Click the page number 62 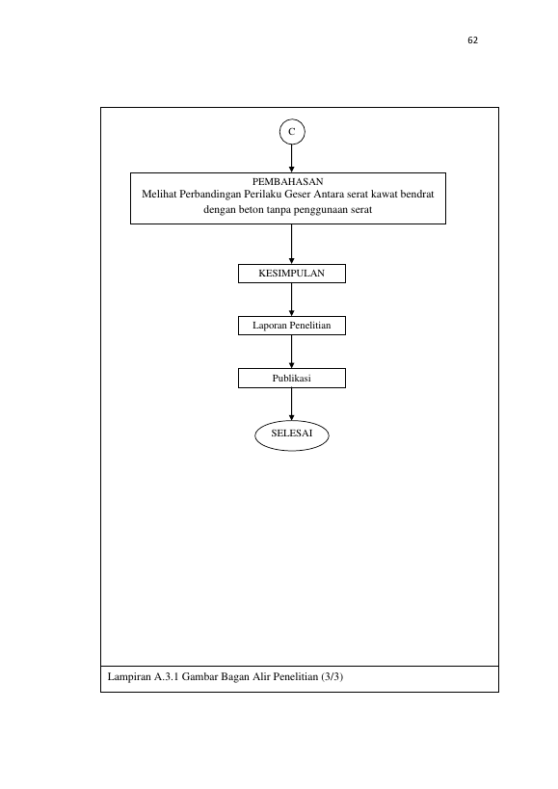click(472, 40)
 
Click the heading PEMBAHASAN click(287, 182)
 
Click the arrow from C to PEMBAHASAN click(291, 159)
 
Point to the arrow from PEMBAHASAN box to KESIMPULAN click(291, 244)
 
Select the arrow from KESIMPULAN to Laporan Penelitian click(291, 300)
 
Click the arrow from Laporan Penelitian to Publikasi click(291, 352)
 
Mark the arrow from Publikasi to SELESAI click(291, 404)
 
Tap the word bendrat click(417, 195)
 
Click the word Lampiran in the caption click(129, 677)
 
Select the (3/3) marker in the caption click(332, 677)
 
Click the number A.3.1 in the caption click(167, 677)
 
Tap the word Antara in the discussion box click(329, 195)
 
